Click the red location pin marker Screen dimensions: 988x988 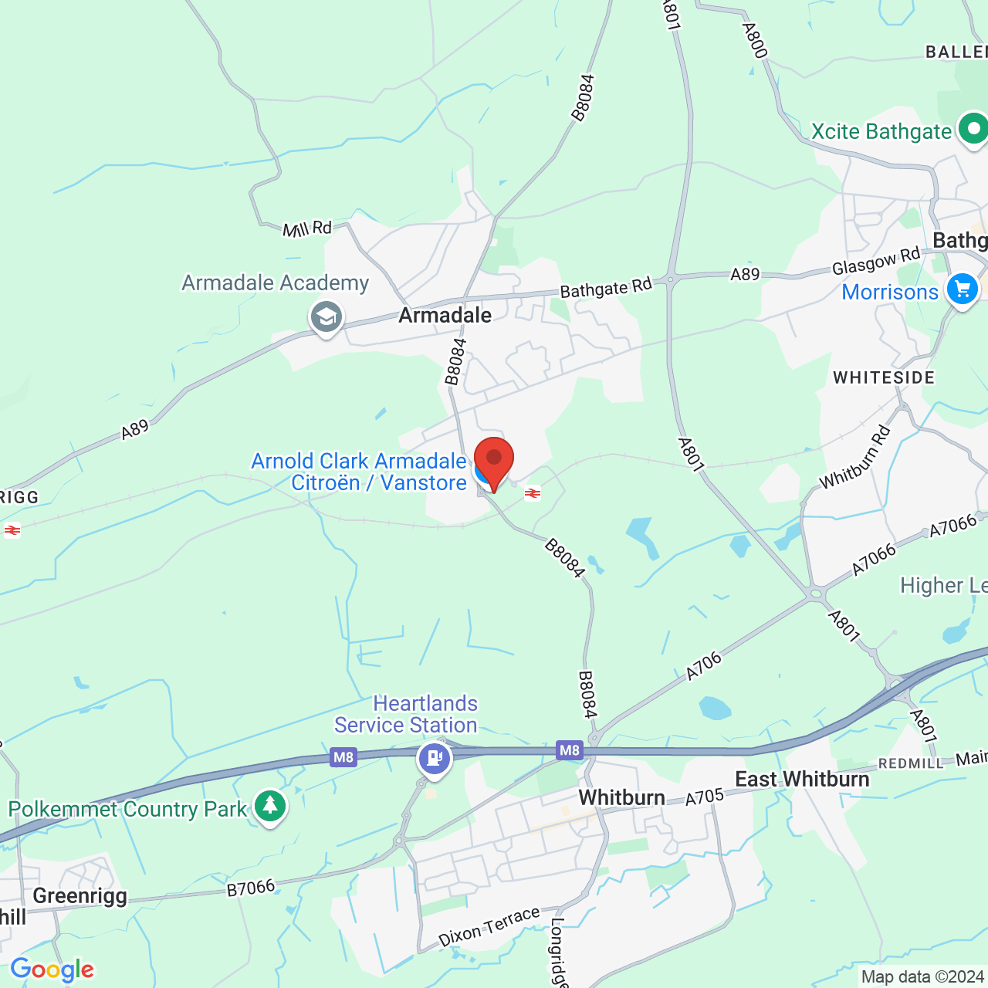point(494,460)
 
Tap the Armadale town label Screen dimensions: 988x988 point(445,315)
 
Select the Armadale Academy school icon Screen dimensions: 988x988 point(326,317)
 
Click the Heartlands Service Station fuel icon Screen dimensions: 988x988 point(435,757)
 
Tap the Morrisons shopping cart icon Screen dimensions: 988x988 point(963,290)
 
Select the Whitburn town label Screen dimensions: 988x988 point(621,797)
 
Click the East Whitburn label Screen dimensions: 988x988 point(802,780)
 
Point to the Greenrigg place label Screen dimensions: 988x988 point(80,895)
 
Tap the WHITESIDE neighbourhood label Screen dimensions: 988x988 point(884,377)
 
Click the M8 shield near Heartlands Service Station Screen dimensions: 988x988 point(343,757)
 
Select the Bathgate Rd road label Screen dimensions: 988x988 point(606,289)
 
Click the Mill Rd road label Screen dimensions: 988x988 point(307,228)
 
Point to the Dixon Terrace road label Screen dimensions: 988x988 point(489,927)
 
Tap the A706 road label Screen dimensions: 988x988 point(704,666)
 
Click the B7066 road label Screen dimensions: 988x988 point(251,888)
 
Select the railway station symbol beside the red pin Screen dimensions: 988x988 point(533,493)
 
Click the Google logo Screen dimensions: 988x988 point(52,969)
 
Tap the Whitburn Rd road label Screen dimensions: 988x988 point(855,458)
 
